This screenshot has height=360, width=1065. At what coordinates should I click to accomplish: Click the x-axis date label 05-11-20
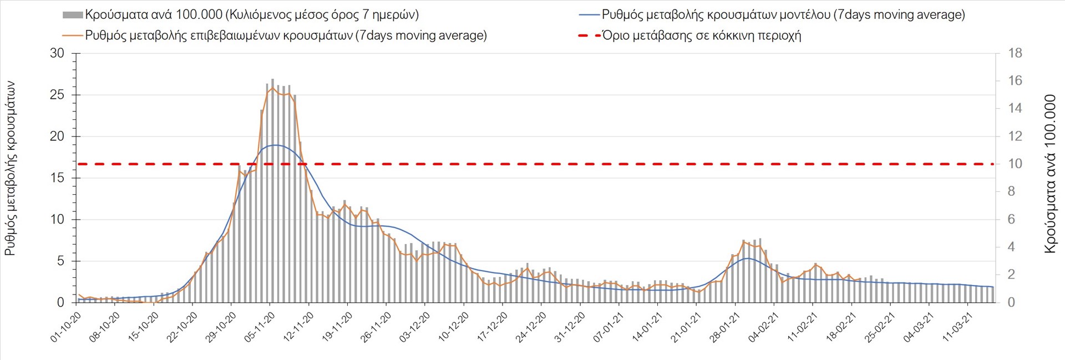pyautogui.click(x=260, y=327)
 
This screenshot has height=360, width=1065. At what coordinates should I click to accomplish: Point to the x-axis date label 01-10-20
pyautogui.click(x=66, y=327)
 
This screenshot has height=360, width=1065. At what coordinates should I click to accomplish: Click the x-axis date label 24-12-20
pyautogui.click(x=531, y=327)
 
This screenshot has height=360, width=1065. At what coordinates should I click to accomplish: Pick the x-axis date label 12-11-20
pyautogui.click(x=298, y=327)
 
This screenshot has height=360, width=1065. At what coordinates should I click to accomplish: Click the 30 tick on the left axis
pyautogui.click(x=57, y=54)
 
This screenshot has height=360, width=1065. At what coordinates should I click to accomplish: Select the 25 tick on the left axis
pyautogui.click(x=57, y=95)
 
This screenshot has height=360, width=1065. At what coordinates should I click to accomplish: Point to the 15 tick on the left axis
pyautogui.click(x=57, y=178)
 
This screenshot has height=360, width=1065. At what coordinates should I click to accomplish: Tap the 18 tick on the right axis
pyautogui.click(x=1015, y=54)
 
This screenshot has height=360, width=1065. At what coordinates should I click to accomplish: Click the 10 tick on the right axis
pyautogui.click(x=1015, y=164)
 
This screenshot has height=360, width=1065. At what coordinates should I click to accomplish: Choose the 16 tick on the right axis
pyautogui.click(x=1015, y=81)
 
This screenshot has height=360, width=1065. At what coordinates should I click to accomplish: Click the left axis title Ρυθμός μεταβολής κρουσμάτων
pyautogui.click(x=10, y=168)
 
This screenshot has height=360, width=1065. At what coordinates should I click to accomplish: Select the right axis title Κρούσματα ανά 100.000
pyautogui.click(x=1050, y=174)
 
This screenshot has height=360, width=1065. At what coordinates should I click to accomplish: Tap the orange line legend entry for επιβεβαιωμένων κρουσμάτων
pyautogui.click(x=286, y=36)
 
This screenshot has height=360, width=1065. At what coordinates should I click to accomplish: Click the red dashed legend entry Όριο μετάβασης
pyautogui.click(x=701, y=36)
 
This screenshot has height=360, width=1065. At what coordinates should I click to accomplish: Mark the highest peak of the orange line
pyautogui.click(x=272, y=88)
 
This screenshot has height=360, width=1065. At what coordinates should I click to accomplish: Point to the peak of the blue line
pyautogui.click(x=276, y=145)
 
